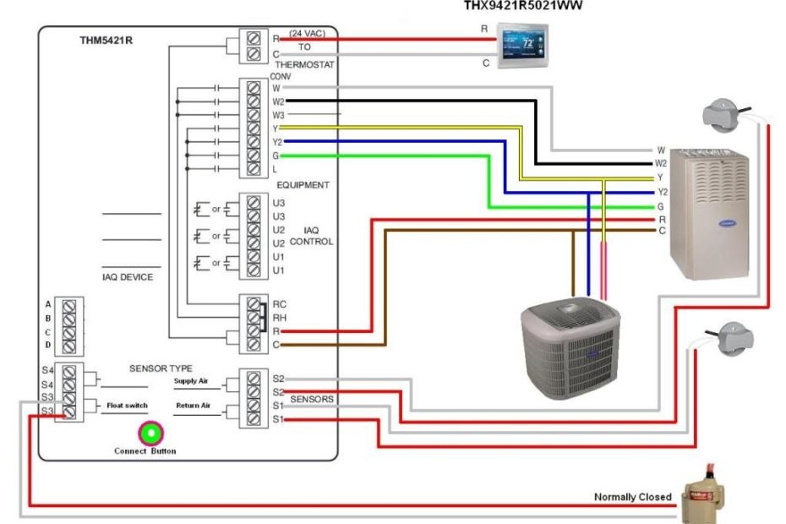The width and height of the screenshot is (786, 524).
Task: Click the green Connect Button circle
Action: (150, 434)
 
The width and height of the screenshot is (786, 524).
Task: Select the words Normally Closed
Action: (632, 497)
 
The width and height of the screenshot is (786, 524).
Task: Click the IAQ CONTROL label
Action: (311, 236)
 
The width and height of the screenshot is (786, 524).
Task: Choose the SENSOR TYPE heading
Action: (161, 368)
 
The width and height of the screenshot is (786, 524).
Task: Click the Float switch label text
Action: (127, 406)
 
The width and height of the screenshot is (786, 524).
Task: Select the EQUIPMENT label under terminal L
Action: (302, 184)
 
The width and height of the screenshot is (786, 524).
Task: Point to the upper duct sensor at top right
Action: (723, 116)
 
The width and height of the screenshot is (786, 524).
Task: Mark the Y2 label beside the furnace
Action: (661, 192)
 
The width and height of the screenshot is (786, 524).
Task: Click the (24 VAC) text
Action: (307, 34)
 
